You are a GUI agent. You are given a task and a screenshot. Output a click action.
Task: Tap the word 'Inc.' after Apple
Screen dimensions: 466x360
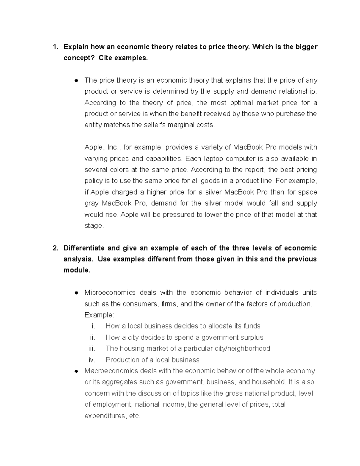coord(114,147)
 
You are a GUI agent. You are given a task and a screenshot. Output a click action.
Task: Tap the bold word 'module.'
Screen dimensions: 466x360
coord(76,270)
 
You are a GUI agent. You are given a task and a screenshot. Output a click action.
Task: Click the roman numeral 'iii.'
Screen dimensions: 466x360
coord(91,349)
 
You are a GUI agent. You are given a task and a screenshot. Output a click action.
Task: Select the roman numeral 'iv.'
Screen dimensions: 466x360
coord(92,360)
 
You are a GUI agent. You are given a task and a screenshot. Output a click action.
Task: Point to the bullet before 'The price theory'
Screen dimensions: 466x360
coord(76,80)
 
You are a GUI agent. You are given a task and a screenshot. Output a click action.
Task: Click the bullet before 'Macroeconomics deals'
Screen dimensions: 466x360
coord(76,371)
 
